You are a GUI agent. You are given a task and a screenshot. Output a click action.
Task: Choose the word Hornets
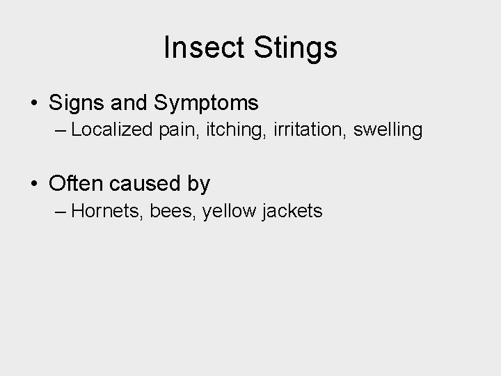(x=108, y=211)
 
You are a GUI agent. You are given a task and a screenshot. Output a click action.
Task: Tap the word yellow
(x=230, y=211)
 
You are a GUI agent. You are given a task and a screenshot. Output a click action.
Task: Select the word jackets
(x=293, y=211)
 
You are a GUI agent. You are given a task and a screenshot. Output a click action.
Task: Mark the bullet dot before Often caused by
(x=34, y=185)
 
